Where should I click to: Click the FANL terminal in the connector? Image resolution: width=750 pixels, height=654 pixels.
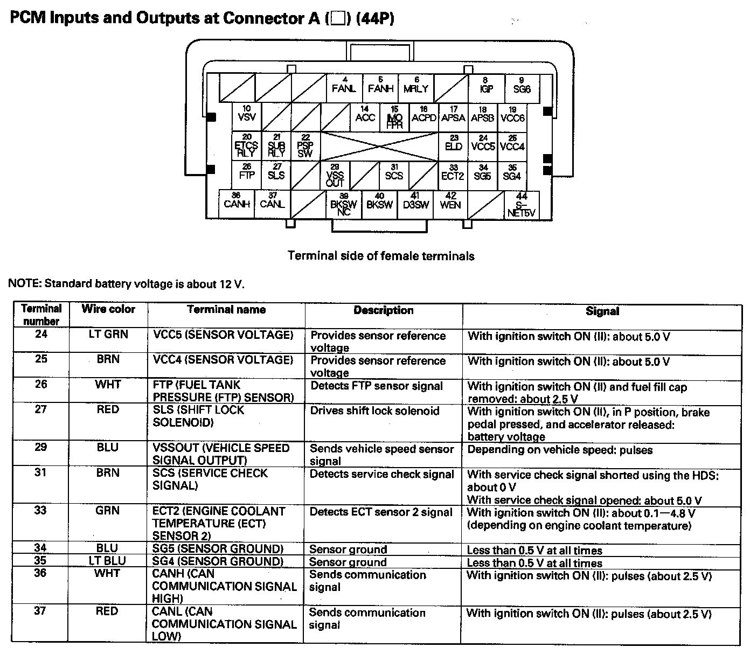click(344, 88)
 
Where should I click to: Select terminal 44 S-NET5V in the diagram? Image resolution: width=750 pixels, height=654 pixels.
click(522, 205)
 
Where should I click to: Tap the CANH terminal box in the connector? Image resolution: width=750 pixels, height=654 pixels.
click(237, 203)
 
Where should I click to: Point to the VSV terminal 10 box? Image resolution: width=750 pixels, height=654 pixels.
click(247, 116)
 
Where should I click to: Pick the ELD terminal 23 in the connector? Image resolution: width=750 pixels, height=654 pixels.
click(454, 145)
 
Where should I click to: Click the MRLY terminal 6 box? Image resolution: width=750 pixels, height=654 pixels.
click(416, 88)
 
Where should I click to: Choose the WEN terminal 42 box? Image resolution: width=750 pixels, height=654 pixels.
click(450, 203)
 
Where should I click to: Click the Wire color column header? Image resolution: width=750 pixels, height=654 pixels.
click(108, 309)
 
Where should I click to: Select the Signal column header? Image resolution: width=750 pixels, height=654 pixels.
click(602, 311)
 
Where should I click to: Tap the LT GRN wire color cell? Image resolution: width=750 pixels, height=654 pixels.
click(108, 335)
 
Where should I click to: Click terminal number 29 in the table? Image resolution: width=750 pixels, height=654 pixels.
click(41, 447)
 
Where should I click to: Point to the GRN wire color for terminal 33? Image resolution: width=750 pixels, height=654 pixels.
click(107, 510)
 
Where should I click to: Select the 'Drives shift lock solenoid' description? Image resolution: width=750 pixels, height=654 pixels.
click(374, 411)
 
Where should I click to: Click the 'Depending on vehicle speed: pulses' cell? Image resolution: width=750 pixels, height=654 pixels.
click(560, 450)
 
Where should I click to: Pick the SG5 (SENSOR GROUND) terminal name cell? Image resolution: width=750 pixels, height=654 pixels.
click(218, 549)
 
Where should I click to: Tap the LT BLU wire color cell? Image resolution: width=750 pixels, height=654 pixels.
click(107, 561)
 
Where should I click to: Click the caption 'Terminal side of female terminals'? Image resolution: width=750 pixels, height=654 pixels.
click(381, 256)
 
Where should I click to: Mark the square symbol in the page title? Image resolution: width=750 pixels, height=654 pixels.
click(338, 19)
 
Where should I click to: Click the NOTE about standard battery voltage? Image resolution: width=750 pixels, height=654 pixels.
click(126, 284)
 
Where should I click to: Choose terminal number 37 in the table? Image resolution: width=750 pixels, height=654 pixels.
click(40, 611)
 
